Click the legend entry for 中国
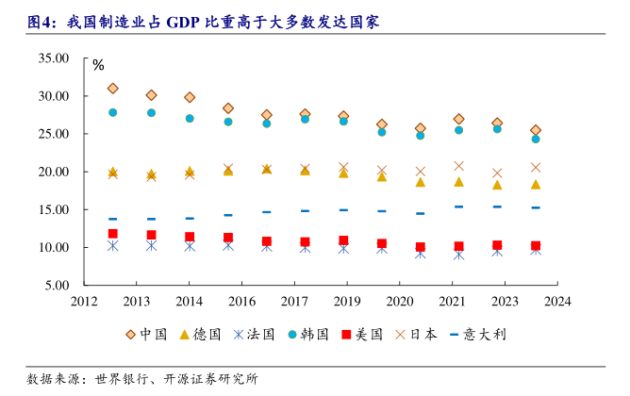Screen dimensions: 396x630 click(147, 335)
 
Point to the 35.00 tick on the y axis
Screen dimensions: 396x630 click(55, 58)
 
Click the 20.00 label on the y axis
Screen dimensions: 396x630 click(55, 172)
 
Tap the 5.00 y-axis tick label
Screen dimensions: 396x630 click(58, 286)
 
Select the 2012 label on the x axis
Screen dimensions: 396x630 click(86, 302)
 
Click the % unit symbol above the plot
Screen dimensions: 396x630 click(98, 66)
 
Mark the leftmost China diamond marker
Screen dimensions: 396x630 click(112, 89)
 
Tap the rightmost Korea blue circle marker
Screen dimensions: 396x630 click(536, 139)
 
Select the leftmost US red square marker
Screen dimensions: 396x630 click(112, 234)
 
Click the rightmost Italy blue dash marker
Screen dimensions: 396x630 click(536, 207)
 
